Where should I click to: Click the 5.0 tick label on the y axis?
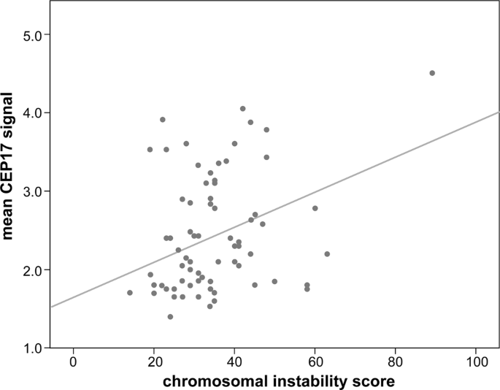click(34, 34)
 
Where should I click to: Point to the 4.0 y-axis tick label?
click(34, 112)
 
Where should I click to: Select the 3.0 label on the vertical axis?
click(34, 191)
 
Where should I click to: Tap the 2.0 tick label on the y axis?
click(34, 269)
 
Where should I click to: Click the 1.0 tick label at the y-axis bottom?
click(34, 348)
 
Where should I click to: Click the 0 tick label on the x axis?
click(73, 360)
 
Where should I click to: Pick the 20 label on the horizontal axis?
click(154, 360)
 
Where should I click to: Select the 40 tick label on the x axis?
click(234, 360)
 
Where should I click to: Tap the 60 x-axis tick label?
click(315, 360)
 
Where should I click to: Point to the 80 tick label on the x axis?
click(395, 360)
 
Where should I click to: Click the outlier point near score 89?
click(432, 73)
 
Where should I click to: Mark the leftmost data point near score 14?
click(130, 293)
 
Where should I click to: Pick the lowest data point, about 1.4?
click(170, 317)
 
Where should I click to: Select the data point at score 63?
click(327, 254)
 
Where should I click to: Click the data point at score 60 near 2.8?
click(315, 208)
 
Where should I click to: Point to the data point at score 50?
click(274, 281)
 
